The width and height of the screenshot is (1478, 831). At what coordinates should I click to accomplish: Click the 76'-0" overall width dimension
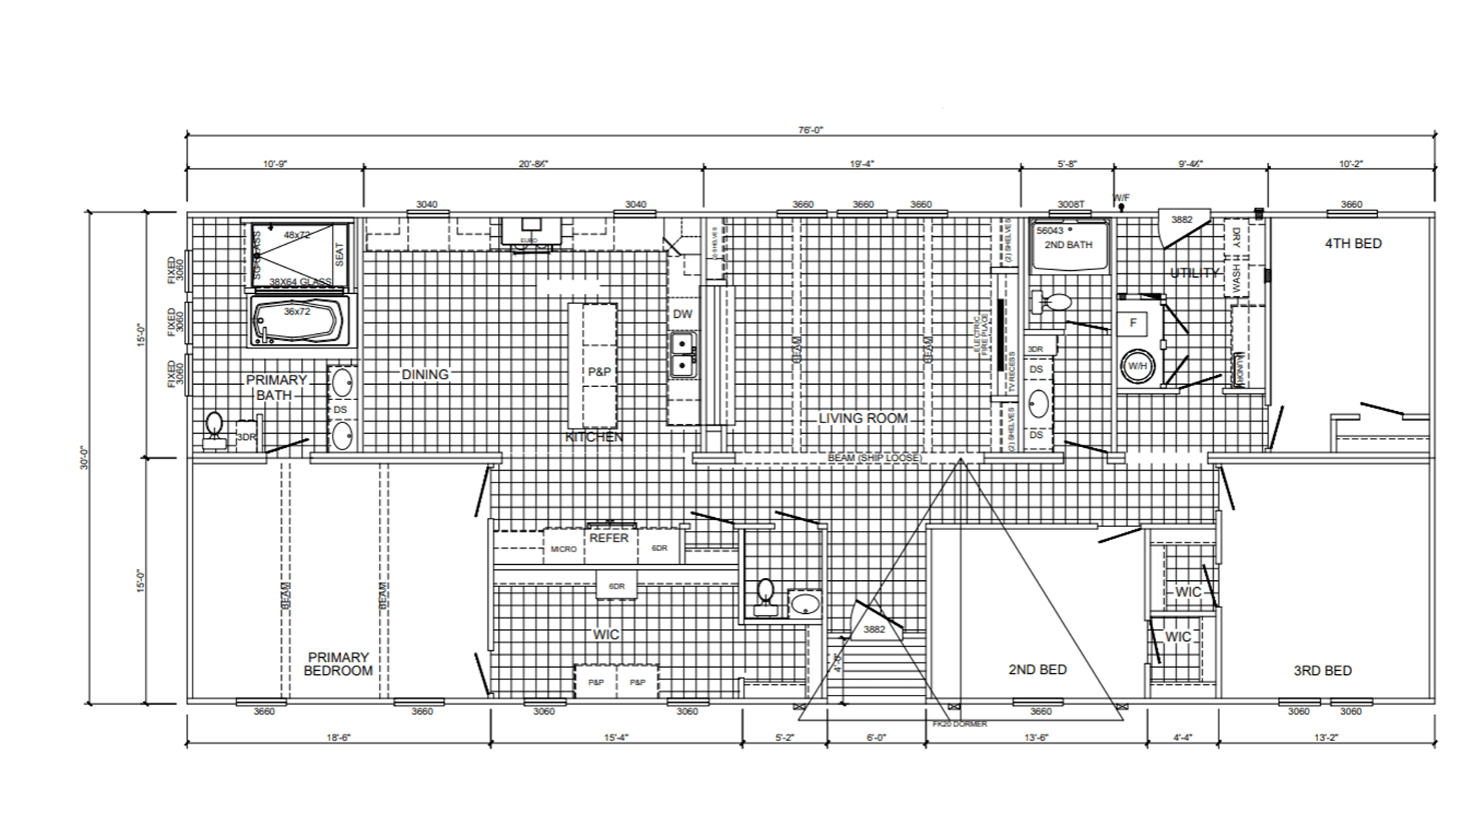tap(810, 130)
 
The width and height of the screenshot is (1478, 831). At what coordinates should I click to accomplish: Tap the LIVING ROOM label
tap(863, 419)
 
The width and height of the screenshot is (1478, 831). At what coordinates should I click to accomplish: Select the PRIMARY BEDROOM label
tap(338, 664)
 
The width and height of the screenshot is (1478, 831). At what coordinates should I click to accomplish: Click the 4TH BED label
tap(1353, 244)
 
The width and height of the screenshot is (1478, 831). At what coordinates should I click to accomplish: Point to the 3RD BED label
tap(1322, 671)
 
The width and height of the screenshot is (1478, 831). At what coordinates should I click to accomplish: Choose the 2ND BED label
tap(1037, 669)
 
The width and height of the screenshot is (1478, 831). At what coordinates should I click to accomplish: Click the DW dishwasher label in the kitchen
tap(682, 314)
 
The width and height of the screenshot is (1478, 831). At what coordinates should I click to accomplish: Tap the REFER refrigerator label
tap(609, 539)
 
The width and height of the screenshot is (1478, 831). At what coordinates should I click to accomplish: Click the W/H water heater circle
tap(1137, 366)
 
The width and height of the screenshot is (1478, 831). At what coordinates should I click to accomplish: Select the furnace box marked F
tap(1133, 323)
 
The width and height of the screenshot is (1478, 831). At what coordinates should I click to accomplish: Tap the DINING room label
tap(425, 375)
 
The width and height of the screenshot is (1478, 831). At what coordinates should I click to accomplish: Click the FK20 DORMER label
tap(959, 724)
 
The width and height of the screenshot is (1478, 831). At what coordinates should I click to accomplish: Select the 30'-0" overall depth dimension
tap(85, 458)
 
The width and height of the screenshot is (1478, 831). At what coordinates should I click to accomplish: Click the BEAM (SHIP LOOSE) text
tap(874, 458)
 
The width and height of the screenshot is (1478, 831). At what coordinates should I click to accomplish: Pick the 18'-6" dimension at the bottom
tap(339, 737)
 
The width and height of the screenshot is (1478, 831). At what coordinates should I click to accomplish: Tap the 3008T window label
tap(1071, 205)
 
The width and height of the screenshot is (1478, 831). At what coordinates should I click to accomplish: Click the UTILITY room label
tap(1194, 273)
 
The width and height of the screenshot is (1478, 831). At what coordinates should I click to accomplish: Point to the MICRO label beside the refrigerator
tap(563, 549)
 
